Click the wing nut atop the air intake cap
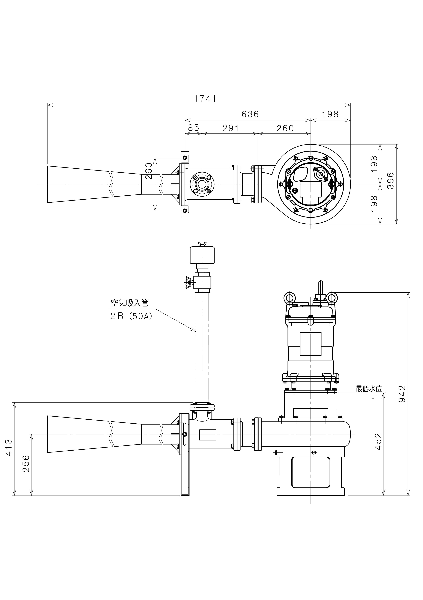(x=202, y=244)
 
